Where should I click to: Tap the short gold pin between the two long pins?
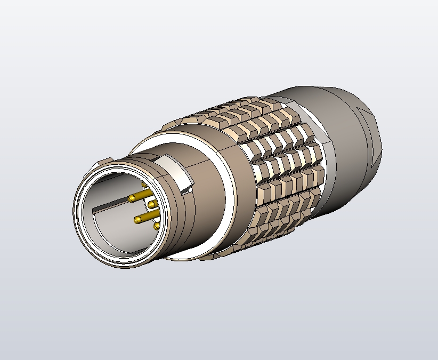pos(151,204)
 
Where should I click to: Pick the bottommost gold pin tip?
pos(156,226)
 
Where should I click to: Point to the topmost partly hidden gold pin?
pos(144,185)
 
